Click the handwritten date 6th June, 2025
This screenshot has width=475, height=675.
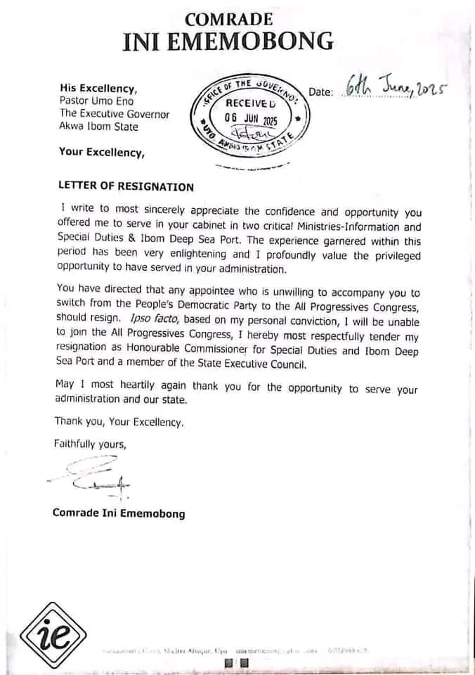tap(397, 88)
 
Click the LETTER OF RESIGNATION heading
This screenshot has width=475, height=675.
tap(126, 187)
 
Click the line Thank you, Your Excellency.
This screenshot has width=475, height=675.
tap(119, 423)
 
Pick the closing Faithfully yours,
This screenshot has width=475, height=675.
tap(90, 444)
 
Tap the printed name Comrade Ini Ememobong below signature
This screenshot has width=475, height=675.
tap(119, 513)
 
